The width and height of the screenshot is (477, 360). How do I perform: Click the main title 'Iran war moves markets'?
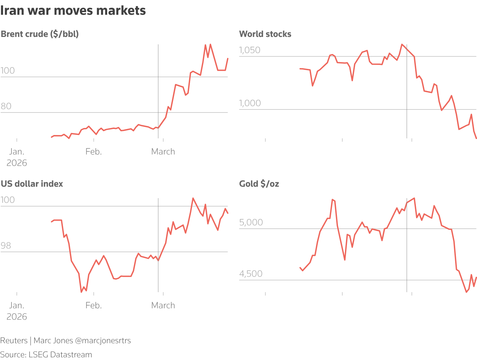click(73, 11)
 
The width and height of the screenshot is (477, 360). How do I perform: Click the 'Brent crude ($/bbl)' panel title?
click(40, 34)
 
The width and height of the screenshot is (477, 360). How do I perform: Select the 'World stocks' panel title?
click(265, 34)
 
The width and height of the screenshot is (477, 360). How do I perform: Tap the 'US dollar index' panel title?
click(32, 184)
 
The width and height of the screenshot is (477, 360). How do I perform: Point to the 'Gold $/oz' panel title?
click(259, 184)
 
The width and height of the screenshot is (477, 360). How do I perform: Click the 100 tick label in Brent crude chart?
click(8, 71)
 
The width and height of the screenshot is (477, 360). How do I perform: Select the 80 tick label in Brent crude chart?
click(6, 106)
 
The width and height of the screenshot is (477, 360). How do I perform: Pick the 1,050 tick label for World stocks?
click(250, 50)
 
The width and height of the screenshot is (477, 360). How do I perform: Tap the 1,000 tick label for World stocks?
click(250, 103)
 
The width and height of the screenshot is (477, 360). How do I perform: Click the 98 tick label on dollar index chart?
click(6, 245)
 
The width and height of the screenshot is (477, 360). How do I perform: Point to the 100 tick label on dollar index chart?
click(8, 200)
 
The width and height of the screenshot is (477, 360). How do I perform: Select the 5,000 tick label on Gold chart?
click(251, 222)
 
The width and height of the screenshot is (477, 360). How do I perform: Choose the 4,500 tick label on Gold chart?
click(251, 274)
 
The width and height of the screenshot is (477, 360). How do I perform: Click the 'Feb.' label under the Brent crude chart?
click(93, 152)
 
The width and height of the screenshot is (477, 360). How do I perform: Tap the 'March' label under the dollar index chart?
click(163, 306)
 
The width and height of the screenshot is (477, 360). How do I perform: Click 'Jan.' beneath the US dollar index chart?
click(17, 306)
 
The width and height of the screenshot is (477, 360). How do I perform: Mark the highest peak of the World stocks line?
click(402, 44)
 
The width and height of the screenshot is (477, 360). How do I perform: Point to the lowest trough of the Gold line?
click(466, 292)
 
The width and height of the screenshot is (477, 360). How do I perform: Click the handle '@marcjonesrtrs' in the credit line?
click(103, 341)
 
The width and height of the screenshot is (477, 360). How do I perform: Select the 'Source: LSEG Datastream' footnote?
click(46, 355)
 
